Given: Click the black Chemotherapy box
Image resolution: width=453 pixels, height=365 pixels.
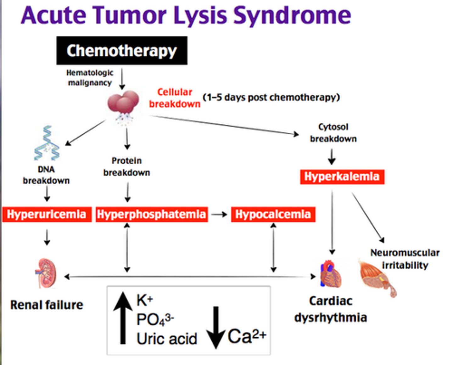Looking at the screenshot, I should pyautogui.click(x=122, y=51).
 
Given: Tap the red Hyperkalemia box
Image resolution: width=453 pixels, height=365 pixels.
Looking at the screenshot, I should pyautogui.click(x=342, y=177).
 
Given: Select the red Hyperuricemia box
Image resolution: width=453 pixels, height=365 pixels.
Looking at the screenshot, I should pyautogui.click(x=47, y=214).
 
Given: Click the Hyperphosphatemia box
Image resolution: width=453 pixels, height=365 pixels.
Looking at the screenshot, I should pyautogui.click(x=152, y=214).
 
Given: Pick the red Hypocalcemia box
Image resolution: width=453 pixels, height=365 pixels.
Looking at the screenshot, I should pyautogui.click(x=273, y=214).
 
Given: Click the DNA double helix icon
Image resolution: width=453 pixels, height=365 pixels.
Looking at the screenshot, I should pyautogui.click(x=47, y=143).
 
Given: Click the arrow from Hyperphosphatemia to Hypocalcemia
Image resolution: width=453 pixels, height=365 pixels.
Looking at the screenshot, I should pyautogui.click(x=219, y=215).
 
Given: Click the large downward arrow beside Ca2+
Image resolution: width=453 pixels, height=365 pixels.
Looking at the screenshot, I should pyautogui.click(x=216, y=327).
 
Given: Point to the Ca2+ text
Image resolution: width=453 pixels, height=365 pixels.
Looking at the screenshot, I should pyautogui.click(x=247, y=336).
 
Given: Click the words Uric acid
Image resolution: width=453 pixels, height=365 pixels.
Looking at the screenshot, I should pyautogui.click(x=167, y=339).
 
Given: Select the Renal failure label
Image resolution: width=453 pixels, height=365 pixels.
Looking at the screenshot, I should pyautogui.click(x=47, y=305).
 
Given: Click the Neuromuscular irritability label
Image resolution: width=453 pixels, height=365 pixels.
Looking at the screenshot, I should pyautogui.click(x=405, y=259).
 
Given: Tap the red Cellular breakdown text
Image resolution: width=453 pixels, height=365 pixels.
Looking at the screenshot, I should pyautogui.click(x=175, y=98).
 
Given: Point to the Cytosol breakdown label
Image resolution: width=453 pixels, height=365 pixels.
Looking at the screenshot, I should pyautogui.click(x=333, y=133).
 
